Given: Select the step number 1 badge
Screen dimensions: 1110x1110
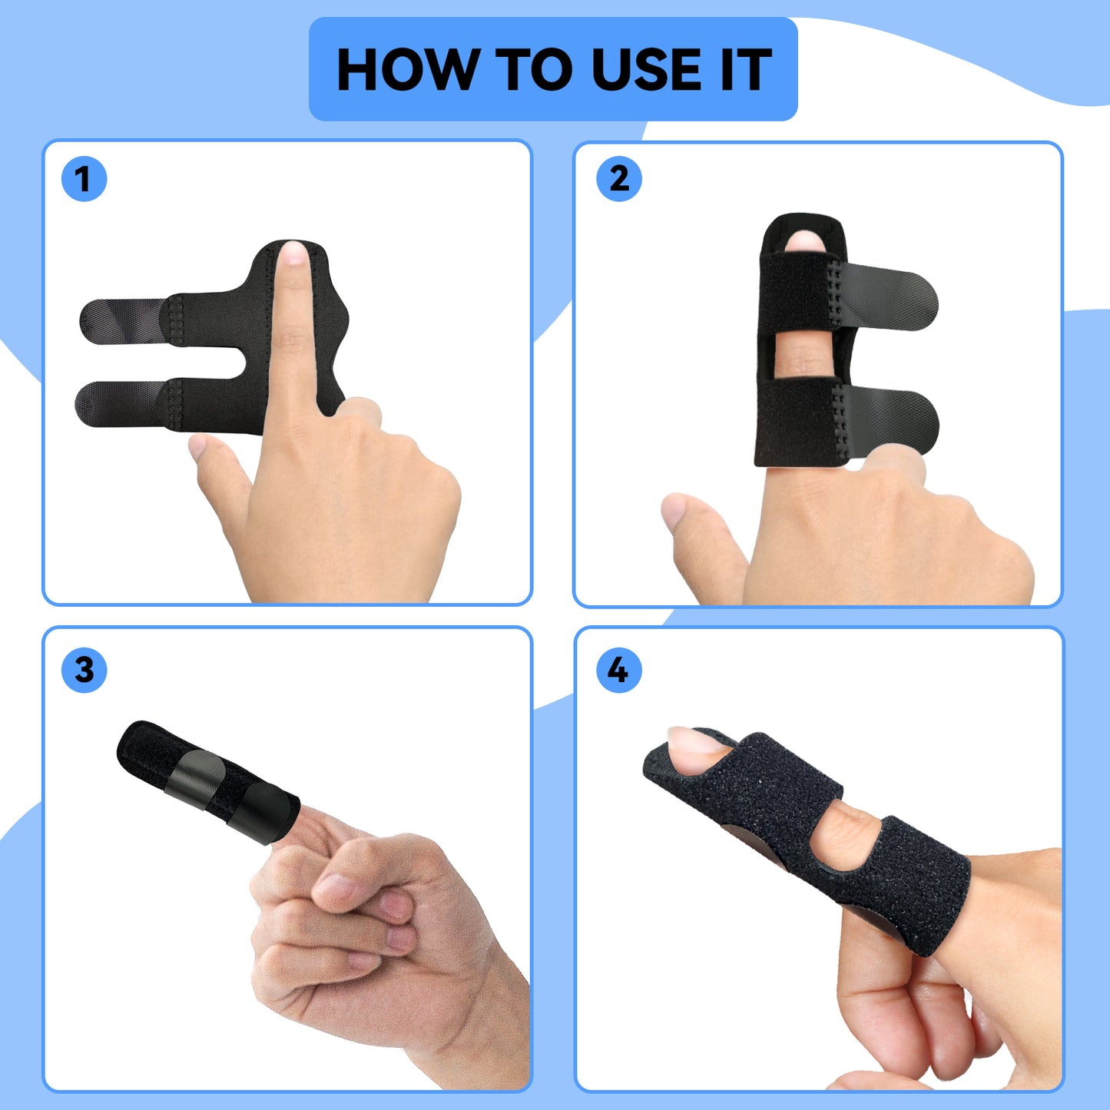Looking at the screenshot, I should (x=84, y=180).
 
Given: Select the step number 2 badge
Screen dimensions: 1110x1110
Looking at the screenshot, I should (x=619, y=180).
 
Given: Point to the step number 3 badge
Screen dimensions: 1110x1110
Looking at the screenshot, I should (x=84, y=670).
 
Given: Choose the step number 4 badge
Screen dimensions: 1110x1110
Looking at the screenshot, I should (x=619, y=670).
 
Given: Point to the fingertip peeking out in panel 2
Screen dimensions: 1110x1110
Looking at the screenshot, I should (x=803, y=241).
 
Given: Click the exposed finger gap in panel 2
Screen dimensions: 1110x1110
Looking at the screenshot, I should (x=803, y=357).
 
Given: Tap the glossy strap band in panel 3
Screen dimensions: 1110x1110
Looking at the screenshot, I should (x=196, y=777).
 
